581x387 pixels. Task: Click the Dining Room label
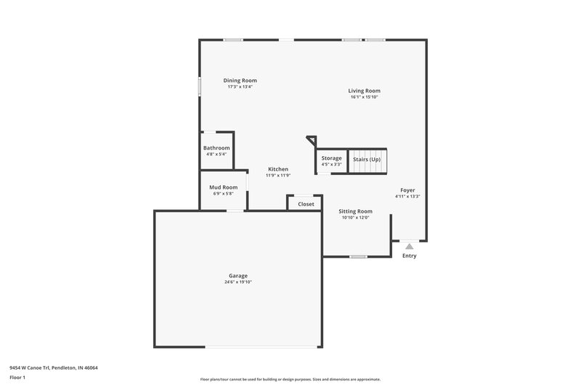click(240, 81)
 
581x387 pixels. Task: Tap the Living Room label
click(364, 91)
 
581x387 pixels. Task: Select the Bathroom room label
click(216, 148)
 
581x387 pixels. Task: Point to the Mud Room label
click(224, 187)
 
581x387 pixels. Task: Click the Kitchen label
click(278, 169)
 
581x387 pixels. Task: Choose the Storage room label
click(331, 158)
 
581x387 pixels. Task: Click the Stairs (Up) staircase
click(367, 160)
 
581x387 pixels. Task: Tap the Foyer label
click(408, 190)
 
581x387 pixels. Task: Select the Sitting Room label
click(355, 211)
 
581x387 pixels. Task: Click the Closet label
click(306, 204)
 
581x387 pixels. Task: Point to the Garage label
click(238, 276)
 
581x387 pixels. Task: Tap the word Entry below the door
click(410, 256)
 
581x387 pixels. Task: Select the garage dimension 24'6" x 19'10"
click(238, 282)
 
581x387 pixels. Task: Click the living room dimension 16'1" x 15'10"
click(364, 97)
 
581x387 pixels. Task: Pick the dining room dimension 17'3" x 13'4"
click(240, 86)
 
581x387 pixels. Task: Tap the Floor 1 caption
click(18, 378)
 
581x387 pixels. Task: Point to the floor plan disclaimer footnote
click(290, 379)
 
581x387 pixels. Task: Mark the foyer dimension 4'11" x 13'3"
click(408, 196)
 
